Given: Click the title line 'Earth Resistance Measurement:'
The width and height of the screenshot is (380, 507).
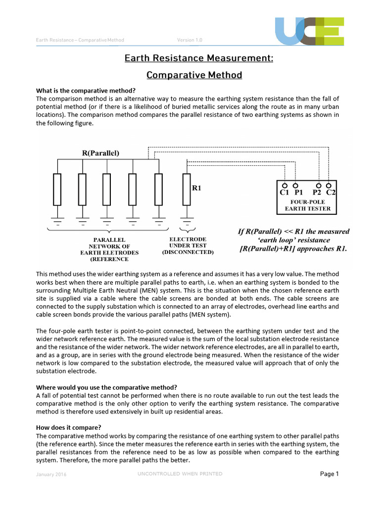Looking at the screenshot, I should click(198, 58).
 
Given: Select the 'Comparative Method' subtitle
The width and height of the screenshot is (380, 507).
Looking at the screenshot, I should click(194, 75).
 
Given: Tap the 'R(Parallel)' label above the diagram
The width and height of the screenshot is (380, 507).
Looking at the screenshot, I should click(100, 153).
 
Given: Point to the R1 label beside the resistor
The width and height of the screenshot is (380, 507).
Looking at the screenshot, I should click(197, 188).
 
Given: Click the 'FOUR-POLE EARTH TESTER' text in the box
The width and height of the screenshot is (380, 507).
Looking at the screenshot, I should click(304, 205).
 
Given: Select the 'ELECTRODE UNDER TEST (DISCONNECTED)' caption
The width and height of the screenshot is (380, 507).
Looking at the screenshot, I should click(188, 245).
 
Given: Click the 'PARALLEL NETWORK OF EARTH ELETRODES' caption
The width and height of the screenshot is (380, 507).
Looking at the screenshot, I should click(109, 249).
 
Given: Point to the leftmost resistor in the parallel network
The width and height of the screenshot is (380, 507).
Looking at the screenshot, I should click(57, 189).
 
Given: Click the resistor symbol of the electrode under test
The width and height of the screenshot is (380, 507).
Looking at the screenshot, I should click(186, 189).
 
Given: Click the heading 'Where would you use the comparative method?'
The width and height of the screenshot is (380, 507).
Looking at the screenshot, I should click(106, 387).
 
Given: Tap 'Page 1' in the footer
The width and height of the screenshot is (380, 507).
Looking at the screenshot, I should click(329, 474).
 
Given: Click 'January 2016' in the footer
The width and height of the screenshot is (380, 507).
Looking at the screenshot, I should click(51, 475).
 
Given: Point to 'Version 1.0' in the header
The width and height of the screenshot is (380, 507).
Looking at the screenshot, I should click(190, 40).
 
